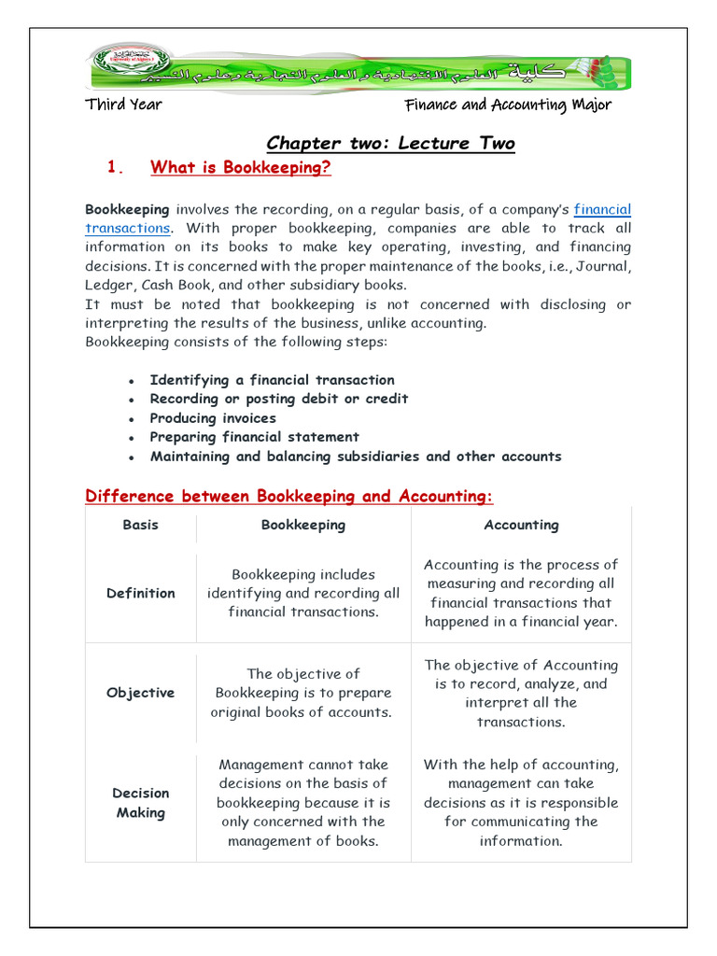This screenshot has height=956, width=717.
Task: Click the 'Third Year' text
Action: (x=123, y=105)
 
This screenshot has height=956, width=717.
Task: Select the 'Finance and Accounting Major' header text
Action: (x=508, y=105)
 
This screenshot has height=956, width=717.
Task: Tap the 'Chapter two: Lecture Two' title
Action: (x=390, y=143)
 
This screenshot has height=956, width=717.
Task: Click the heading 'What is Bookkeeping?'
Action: (x=241, y=168)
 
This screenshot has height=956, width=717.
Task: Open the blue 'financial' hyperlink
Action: (x=602, y=210)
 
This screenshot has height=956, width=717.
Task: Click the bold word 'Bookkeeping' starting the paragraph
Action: (x=127, y=210)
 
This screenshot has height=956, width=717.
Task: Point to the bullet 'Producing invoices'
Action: (x=213, y=418)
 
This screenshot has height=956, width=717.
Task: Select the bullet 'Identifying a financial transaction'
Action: (x=272, y=380)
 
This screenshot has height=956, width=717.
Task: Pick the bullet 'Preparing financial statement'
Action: (x=254, y=437)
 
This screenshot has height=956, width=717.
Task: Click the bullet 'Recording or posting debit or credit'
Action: (x=278, y=399)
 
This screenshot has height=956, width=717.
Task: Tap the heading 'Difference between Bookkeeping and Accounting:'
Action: (x=288, y=496)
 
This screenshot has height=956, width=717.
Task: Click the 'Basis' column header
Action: (x=141, y=525)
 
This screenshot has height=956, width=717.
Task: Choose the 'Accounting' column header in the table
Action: (x=521, y=525)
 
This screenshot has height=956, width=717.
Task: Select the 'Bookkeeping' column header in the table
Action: (x=303, y=525)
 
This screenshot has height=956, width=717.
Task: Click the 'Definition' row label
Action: (x=141, y=593)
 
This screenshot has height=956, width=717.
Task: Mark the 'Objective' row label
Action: (x=141, y=693)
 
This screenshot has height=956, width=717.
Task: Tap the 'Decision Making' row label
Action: (x=141, y=803)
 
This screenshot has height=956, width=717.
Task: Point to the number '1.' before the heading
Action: (x=116, y=168)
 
